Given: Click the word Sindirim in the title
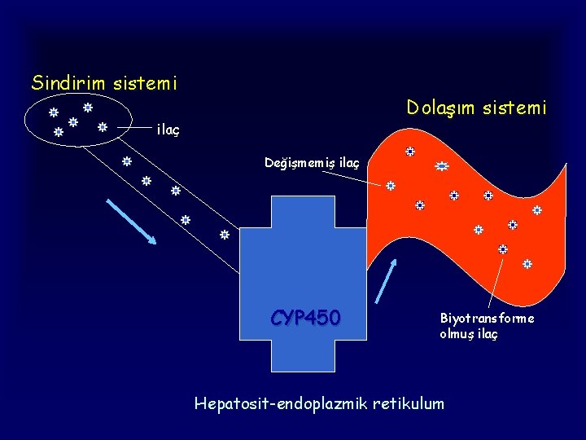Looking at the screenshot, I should (63, 82).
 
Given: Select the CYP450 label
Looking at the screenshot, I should (306, 317).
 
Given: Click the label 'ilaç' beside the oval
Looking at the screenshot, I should (168, 129).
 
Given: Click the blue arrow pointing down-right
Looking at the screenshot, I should (132, 222).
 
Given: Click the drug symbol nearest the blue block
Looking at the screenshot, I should (225, 235).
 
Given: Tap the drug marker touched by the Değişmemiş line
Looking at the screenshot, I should (391, 186).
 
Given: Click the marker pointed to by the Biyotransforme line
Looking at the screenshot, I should (503, 249).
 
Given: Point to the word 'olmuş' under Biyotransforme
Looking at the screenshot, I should (457, 334).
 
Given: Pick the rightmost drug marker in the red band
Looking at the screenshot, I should (537, 209).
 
